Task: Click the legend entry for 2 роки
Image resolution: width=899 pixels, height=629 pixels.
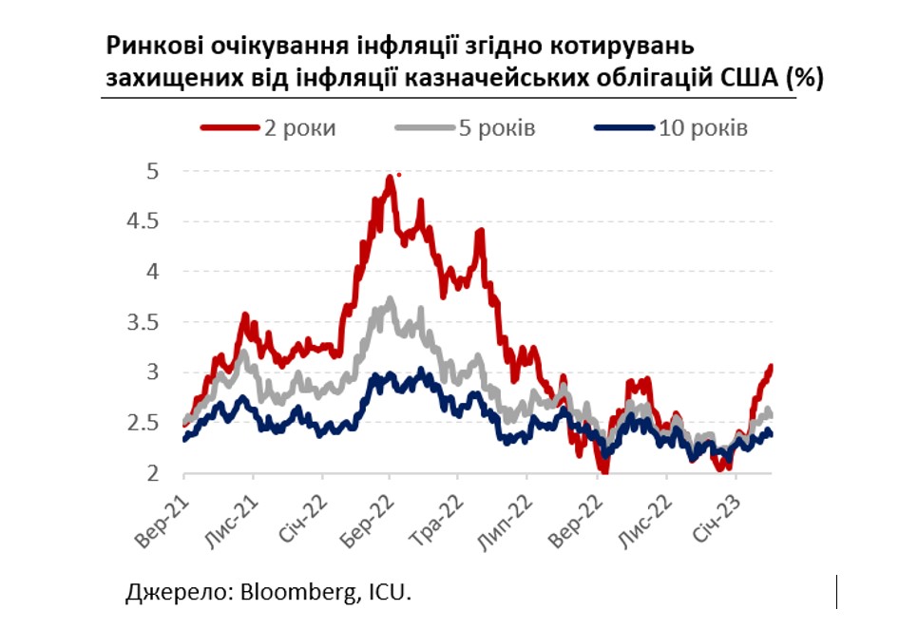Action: (268, 128)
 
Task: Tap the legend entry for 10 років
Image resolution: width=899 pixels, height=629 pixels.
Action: (671, 128)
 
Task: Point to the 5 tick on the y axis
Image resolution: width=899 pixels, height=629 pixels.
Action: (153, 171)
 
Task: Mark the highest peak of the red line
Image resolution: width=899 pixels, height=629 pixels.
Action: (390, 177)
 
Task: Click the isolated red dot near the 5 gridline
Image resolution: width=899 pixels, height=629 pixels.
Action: (399, 174)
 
